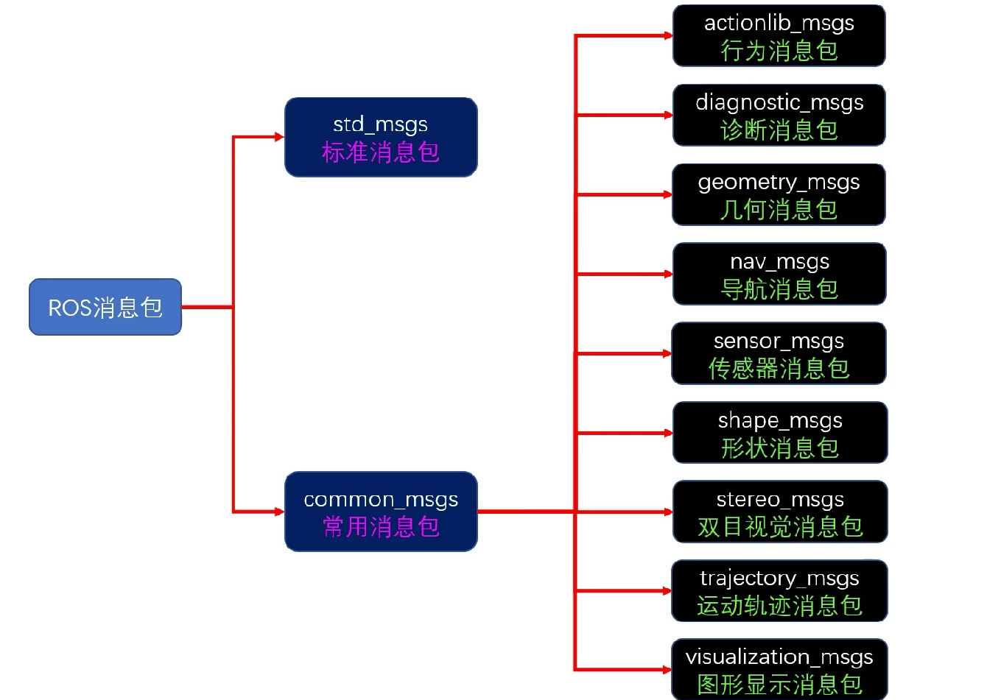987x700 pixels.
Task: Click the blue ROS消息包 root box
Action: tap(105, 307)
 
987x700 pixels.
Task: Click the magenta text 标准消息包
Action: tap(381, 152)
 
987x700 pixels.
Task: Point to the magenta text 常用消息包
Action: tap(381, 527)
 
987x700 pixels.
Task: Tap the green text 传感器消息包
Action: tap(779, 368)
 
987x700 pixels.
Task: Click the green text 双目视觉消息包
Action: tap(780, 527)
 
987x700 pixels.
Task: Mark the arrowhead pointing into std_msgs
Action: tap(279, 137)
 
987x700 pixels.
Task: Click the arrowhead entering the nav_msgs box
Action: tap(668, 274)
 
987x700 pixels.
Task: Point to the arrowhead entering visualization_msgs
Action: tap(667, 670)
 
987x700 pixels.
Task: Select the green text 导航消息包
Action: tap(779, 289)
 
